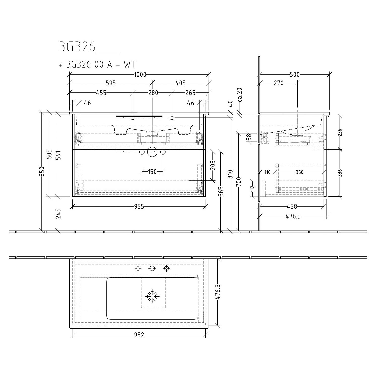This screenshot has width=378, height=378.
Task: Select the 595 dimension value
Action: [x=111, y=83]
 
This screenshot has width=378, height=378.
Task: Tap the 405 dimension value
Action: [x=181, y=83]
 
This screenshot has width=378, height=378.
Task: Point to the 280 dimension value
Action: [x=153, y=93]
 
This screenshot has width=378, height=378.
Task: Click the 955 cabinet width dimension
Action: [x=139, y=207]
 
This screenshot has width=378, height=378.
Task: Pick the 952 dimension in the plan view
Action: [x=139, y=335]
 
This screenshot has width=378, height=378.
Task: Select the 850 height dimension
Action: [x=43, y=171]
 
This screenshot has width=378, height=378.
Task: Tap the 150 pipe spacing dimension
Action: [x=152, y=172]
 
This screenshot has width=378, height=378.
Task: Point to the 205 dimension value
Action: [x=213, y=165]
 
